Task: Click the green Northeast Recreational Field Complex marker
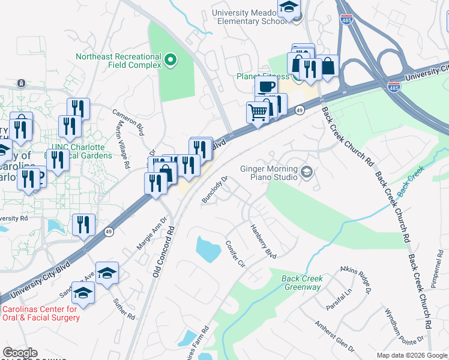click(170, 59)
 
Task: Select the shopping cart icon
click(258, 112)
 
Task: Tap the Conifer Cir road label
click(235, 254)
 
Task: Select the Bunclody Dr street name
click(216, 190)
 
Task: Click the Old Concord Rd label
click(163, 251)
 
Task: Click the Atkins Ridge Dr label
click(356, 280)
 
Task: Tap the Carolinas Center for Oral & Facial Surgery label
click(41, 313)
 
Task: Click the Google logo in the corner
click(20, 353)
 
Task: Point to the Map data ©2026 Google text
click(412, 355)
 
